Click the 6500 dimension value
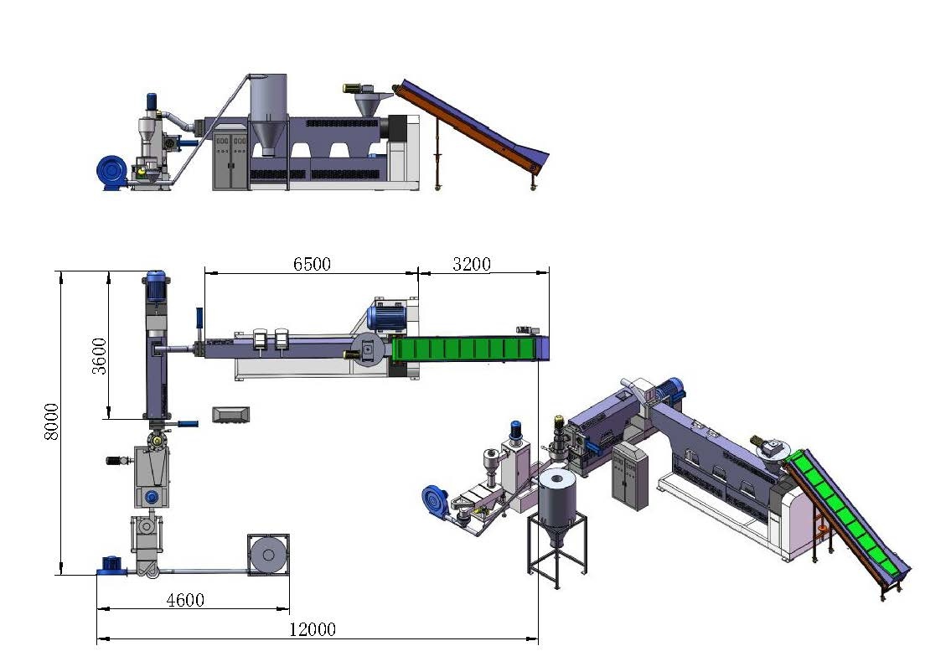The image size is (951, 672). pos(312,264)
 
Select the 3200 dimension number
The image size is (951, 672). pos(471,264)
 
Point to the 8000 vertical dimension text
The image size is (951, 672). pos(52,421)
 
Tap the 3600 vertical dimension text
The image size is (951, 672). pos(99,356)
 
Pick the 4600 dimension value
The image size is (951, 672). pos(185,600)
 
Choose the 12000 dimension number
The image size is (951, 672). pos(312,629)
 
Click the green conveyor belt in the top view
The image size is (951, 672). pos(464,349)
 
